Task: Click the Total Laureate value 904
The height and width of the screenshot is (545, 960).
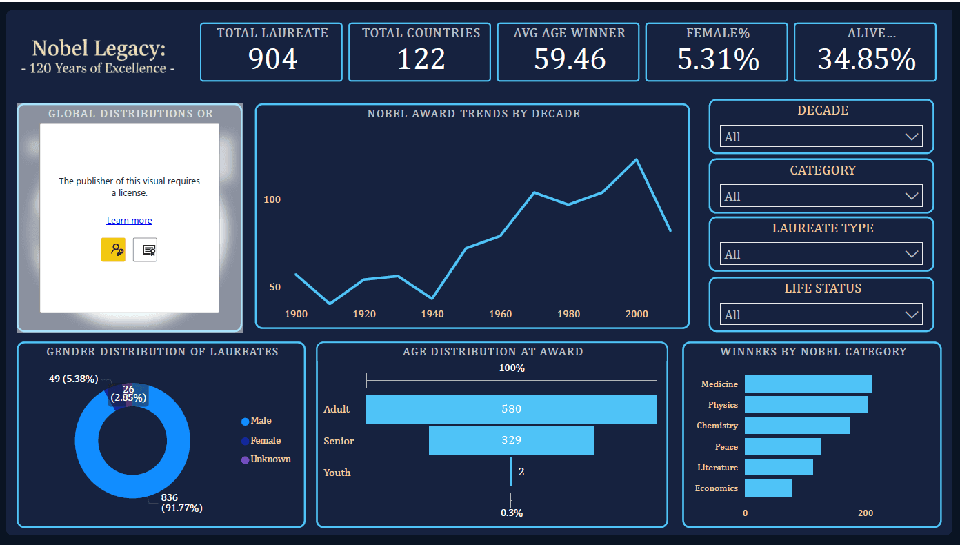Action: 272,59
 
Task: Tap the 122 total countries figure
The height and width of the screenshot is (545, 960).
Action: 421,59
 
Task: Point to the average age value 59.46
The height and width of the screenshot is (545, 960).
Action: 569,59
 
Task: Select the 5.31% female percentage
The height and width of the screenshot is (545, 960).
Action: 717,59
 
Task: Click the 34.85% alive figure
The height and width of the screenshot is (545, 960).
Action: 866,59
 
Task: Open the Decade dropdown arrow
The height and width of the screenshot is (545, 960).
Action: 912,137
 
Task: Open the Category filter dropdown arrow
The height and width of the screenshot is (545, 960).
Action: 912,197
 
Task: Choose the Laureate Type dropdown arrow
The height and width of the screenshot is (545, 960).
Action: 912,255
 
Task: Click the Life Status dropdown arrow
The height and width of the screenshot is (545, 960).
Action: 912,315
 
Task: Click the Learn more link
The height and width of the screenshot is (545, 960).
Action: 129,221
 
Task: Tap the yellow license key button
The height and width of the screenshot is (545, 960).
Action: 113,250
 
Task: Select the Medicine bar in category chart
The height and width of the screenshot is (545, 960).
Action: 808,384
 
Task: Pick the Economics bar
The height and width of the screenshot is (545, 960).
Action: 768,488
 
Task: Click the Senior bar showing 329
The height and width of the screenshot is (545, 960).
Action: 511,441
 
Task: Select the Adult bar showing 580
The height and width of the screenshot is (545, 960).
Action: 511,409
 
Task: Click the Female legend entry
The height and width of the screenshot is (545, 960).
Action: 265,440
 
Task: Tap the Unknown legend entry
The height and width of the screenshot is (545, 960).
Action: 270,459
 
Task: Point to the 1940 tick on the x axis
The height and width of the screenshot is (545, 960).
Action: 432,315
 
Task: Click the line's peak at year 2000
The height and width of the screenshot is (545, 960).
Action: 636,160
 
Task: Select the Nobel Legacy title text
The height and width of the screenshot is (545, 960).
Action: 99,49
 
